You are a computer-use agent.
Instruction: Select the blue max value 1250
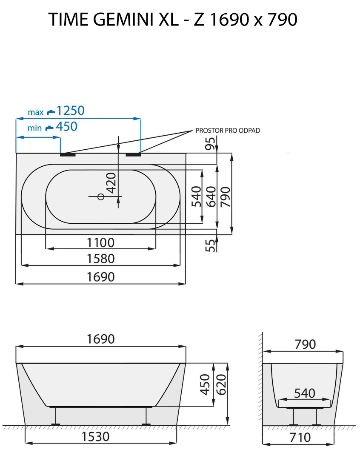[x=70, y=111]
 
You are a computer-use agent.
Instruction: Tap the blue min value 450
[x=67, y=127]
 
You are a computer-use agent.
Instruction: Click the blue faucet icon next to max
[x=51, y=112]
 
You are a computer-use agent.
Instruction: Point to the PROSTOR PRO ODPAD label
[x=228, y=131]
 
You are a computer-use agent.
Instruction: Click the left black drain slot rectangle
[x=68, y=154]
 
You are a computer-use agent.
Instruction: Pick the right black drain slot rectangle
[x=133, y=154]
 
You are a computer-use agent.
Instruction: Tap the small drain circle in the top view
[x=101, y=196]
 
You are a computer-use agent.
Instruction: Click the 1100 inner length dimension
[x=101, y=243]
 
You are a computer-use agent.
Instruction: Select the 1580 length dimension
[x=101, y=259]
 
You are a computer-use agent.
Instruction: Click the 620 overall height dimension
[x=220, y=384]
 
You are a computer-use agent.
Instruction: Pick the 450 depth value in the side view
[x=206, y=384]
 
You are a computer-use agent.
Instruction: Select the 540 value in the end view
[x=304, y=393]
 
